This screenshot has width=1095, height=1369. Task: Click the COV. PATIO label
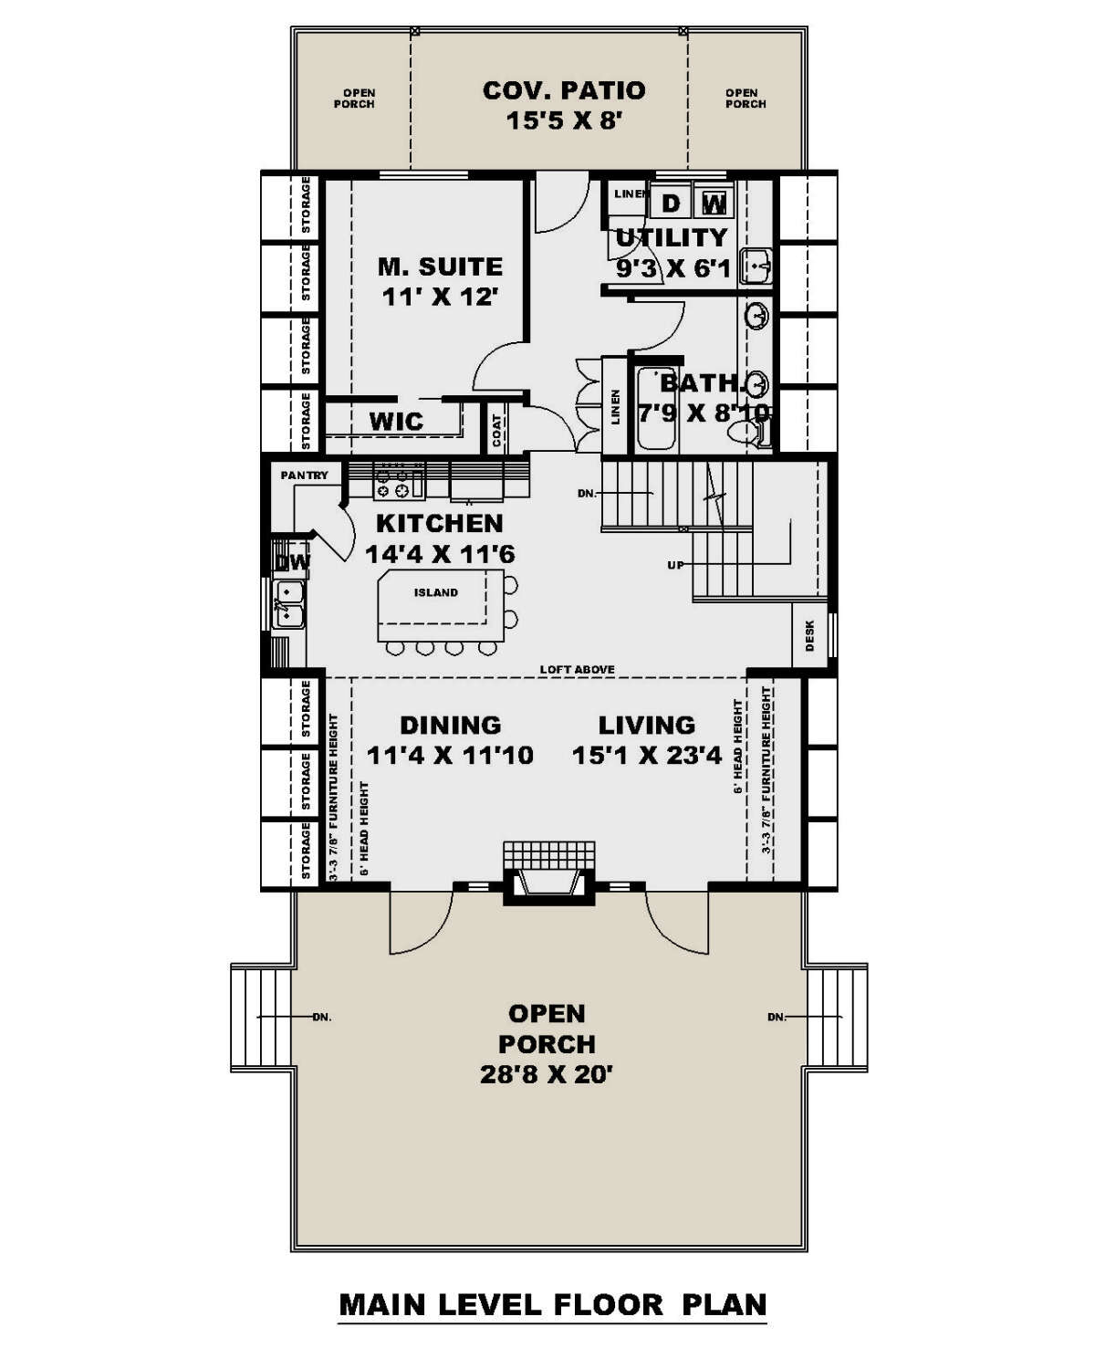(x=563, y=90)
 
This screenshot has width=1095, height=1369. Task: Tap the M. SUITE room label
(x=440, y=266)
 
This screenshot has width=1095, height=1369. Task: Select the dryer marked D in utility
(x=671, y=203)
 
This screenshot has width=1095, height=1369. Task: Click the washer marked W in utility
(x=714, y=203)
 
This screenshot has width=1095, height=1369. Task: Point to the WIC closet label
(x=396, y=422)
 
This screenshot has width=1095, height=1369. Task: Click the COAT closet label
(x=497, y=431)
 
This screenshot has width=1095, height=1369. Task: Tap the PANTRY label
(x=304, y=475)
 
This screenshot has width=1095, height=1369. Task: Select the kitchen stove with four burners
(x=399, y=481)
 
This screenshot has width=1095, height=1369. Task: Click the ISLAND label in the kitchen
(x=436, y=592)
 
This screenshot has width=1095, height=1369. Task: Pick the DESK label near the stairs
(x=809, y=635)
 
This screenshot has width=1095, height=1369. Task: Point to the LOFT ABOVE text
(x=577, y=669)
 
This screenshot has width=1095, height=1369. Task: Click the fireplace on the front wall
(x=549, y=882)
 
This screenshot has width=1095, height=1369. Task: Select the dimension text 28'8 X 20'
(x=546, y=1074)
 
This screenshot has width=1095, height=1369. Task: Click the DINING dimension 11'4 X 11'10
(x=450, y=756)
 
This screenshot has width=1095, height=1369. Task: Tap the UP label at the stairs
(x=675, y=565)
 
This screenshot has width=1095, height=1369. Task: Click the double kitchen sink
(x=290, y=604)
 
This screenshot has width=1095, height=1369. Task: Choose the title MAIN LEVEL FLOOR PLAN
(x=552, y=1303)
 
